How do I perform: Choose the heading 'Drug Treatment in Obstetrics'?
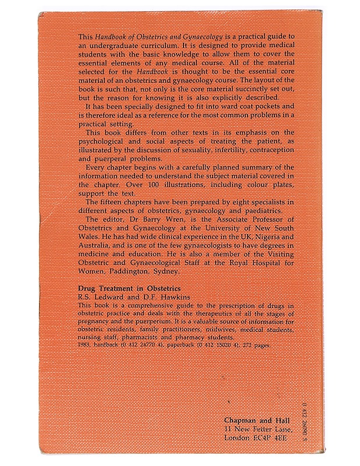click(129, 289)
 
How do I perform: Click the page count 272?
click(246, 345)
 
